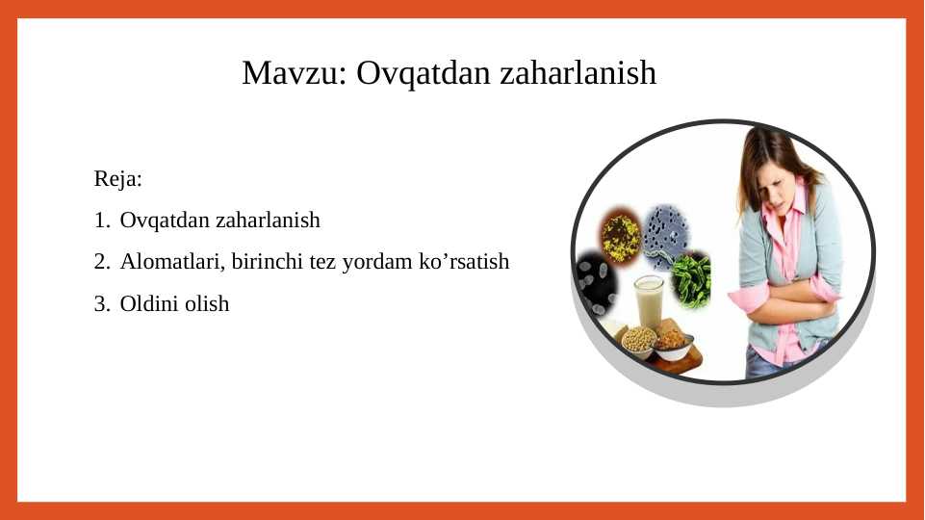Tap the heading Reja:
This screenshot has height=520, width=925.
[x=118, y=178]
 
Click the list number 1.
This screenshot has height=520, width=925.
[x=101, y=221]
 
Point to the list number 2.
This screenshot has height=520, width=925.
[x=101, y=262]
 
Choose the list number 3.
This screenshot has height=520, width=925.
[x=101, y=304]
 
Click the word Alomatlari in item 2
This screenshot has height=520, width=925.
[x=172, y=262]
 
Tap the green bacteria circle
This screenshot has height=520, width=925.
[x=689, y=279]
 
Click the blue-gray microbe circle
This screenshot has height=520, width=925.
[x=665, y=230]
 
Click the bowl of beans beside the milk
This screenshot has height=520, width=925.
[x=639, y=340]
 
